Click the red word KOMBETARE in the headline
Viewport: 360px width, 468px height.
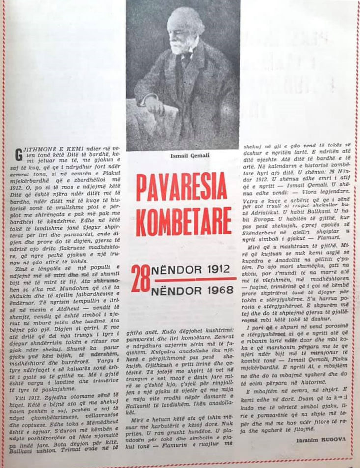184,221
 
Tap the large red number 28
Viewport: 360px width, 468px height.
140,279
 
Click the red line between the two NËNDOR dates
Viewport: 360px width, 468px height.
194,280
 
